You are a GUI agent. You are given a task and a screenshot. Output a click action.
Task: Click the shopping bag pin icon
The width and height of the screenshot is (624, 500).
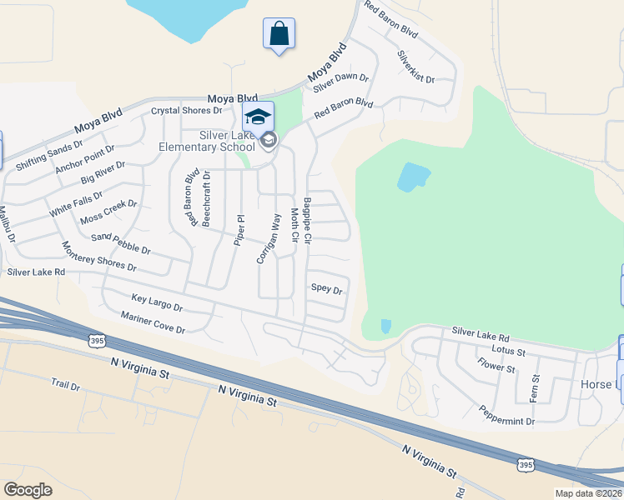(279, 35)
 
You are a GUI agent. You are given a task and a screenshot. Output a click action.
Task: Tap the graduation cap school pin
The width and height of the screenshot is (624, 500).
(258, 117)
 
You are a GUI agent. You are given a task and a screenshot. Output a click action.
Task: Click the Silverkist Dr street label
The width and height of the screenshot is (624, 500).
(416, 67)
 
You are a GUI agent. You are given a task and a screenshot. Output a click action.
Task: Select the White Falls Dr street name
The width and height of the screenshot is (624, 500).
(76, 204)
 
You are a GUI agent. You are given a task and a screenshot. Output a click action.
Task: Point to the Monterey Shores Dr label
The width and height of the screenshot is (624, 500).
(99, 257)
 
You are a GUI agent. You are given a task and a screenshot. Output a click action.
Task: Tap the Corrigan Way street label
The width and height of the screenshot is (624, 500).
(268, 238)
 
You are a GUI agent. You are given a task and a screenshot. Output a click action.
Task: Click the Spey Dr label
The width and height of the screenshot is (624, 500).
(326, 289)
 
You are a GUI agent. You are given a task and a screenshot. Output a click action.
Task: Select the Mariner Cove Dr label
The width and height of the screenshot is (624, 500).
(153, 322)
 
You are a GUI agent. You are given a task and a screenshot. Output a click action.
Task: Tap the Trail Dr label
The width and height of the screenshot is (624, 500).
(64, 385)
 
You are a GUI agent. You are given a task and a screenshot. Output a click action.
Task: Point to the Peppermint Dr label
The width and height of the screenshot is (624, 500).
(506, 415)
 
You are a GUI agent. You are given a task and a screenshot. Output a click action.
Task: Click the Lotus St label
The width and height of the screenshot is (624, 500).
(508, 352)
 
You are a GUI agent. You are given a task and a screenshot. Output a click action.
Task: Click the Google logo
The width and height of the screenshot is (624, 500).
(28, 489)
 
